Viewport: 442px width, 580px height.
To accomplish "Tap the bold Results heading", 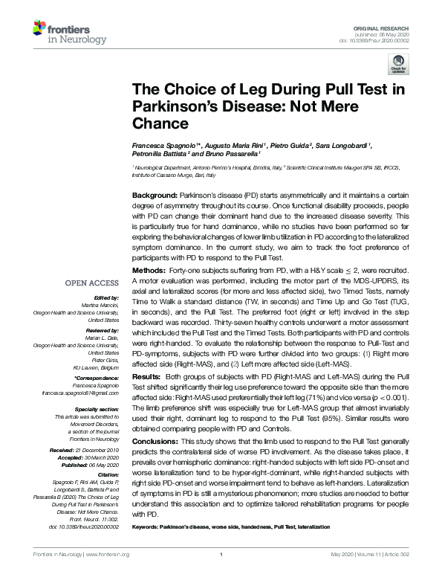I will click(146, 378).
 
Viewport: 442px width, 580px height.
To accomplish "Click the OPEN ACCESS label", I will click(91, 283).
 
